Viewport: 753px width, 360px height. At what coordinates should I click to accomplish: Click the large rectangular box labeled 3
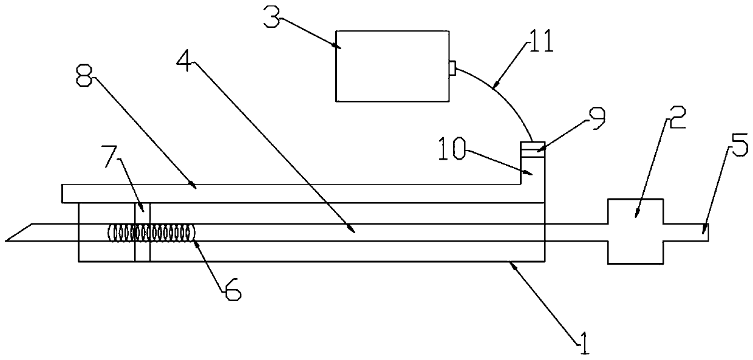392,66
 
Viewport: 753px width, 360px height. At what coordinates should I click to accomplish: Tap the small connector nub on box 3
452,67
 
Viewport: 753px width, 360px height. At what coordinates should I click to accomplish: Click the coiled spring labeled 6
152,233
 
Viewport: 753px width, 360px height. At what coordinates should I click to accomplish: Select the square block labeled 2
635,231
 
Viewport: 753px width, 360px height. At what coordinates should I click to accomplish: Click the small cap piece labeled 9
533,146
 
